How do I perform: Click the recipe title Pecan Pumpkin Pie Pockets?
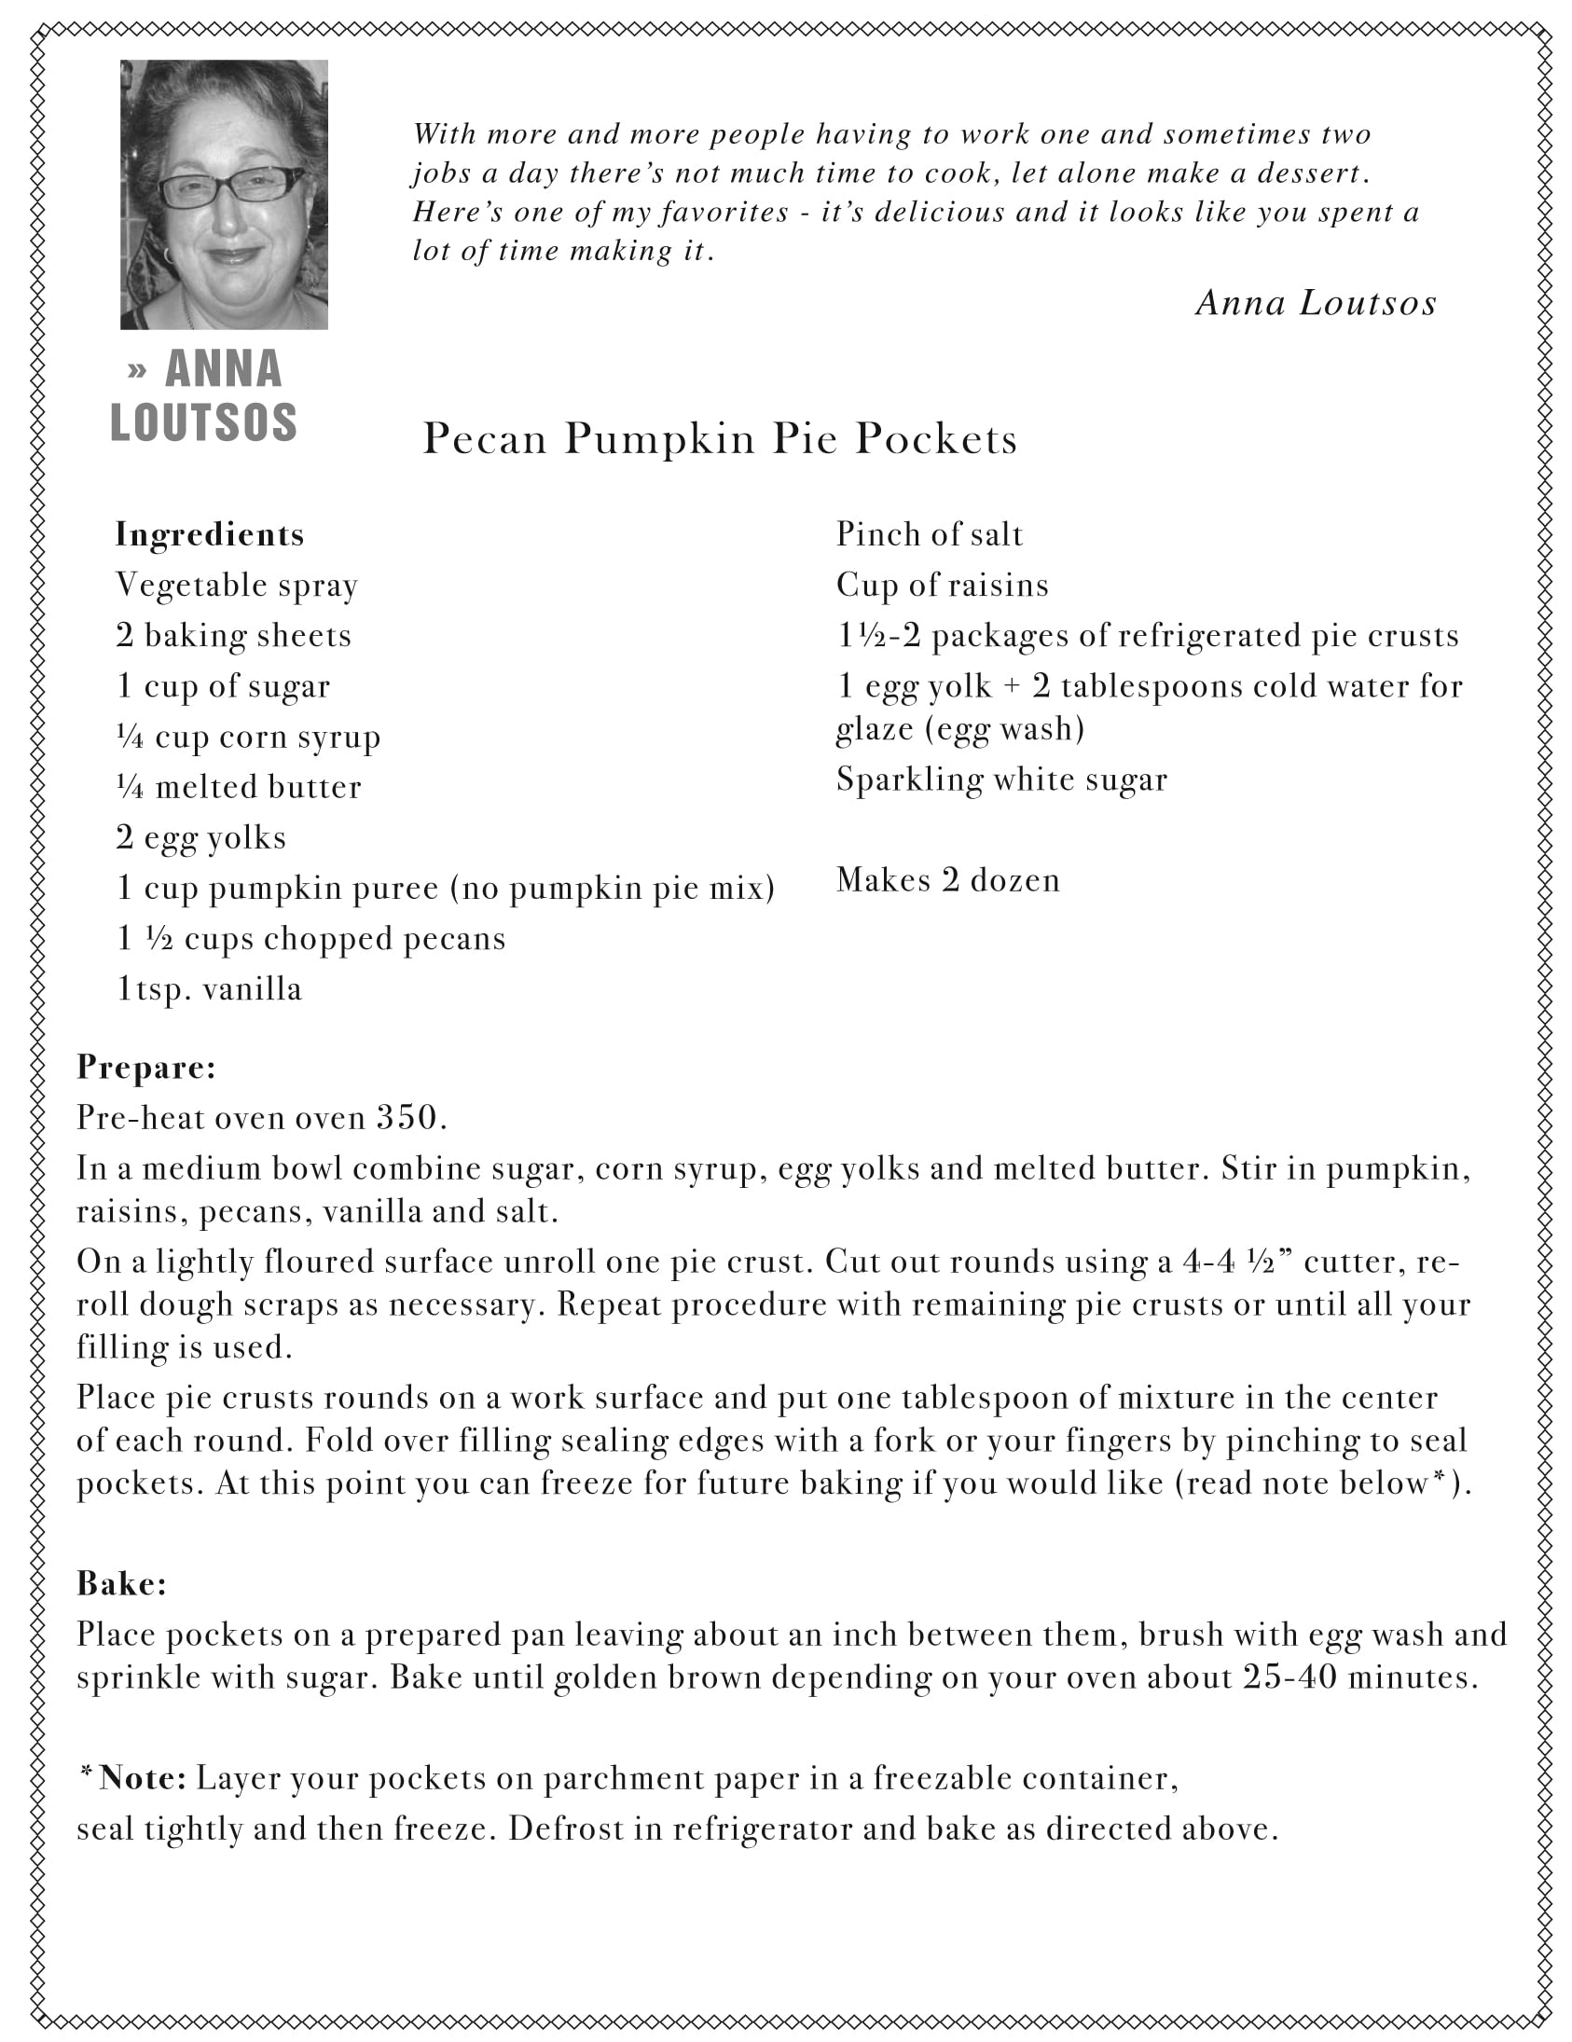click(x=719, y=438)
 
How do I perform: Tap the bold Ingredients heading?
click(x=210, y=535)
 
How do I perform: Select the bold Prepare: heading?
click(x=145, y=1067)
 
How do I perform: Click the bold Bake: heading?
click(x=121, y=1583)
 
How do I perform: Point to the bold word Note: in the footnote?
click(x=143, y=1777)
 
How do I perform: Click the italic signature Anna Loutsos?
click(x=1316, y=303)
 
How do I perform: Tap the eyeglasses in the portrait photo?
click(x=229, y=187)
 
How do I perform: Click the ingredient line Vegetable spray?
click(x=237, y=586)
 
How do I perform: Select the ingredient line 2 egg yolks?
click(x=201, y=837)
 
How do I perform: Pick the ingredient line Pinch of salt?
click(x=930, y=535)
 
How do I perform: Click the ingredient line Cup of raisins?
click(x=942, y=586)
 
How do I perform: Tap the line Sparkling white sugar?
click(x=1001, y=780)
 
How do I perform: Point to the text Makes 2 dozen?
click(x=947, y=881)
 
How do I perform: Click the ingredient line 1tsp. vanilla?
click(x=210, y=989)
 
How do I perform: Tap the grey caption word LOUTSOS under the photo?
click(x=204, y=422)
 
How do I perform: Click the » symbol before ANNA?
click(x=136, y=370)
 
